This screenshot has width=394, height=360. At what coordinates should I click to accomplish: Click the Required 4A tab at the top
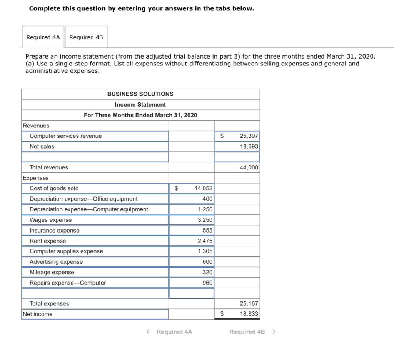click(43, 37)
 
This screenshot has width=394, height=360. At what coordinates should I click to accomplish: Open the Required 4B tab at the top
click(86, 37)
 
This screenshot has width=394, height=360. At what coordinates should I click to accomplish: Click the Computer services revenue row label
click(66, 136)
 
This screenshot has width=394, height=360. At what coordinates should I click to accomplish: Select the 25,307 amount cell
click(249, 136)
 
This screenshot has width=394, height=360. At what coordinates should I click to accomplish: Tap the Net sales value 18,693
click(249, 146)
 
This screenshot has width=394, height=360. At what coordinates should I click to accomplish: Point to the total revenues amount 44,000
click(249, 167)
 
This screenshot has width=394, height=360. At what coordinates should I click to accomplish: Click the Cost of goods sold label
click(54, 188)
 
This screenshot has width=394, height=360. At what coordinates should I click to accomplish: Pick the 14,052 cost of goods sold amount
click(204, 188)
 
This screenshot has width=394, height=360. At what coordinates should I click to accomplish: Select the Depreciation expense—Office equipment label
click(83, 199)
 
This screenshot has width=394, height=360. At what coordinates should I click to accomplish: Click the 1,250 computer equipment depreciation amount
click(205, 209)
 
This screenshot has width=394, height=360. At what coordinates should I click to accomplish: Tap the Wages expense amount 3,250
click(205, 220)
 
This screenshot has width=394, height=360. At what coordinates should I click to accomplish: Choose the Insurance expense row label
click(55, 230)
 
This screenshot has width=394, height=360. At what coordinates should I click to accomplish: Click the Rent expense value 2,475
click(205, 241)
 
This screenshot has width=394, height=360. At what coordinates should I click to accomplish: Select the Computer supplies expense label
click(66, 251)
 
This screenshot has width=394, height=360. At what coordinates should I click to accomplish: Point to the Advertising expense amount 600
click(207, 262)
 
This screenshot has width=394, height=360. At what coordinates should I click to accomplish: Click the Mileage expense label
click(52, 272)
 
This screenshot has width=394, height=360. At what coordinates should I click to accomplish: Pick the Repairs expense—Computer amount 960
click(207, 283)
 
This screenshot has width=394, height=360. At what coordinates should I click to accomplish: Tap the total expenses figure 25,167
click(249, 304)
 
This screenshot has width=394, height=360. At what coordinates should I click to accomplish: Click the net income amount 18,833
click(249, 314)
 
